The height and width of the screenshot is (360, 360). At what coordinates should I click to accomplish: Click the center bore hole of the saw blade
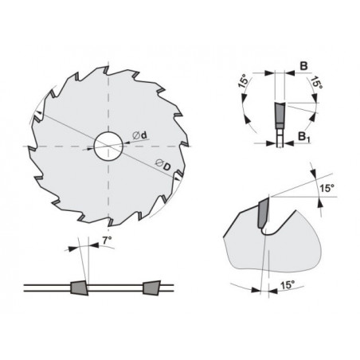click(x=108, y=146)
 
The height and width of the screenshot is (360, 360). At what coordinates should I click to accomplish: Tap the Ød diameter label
click(x=139, y=135)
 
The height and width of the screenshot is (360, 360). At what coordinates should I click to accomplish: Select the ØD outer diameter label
click(x=162, y=166)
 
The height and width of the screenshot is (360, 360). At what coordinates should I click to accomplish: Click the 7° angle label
click(x=107, y=241)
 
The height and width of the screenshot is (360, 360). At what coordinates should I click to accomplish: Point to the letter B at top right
click(x=303, y=66)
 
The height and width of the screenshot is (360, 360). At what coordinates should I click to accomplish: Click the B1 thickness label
click(x=304, y=137)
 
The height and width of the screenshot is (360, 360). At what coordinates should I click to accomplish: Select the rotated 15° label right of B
click(x=316, y=83)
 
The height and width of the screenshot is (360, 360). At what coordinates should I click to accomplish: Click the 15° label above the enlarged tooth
click(x=327, y=188)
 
